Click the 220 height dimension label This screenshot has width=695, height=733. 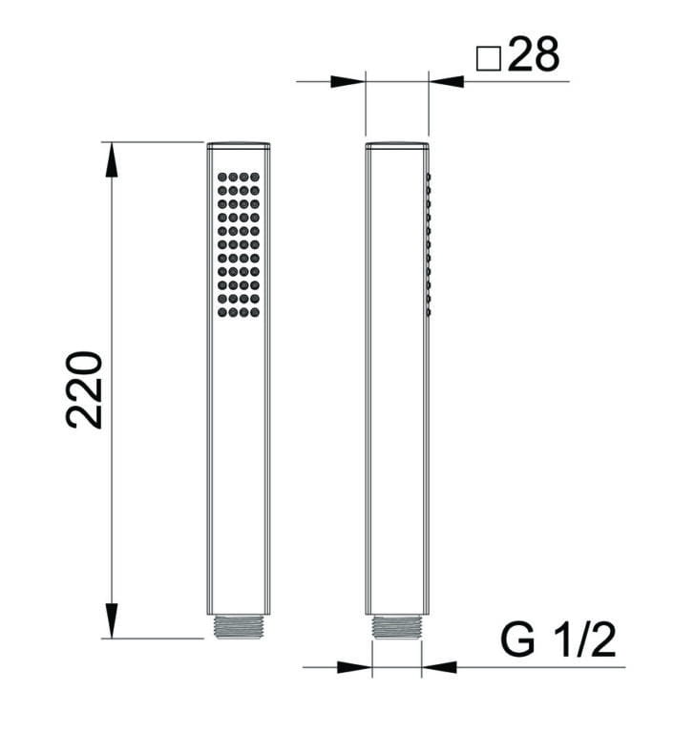pyautogui.click(x=85, y=389)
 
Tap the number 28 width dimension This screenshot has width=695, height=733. pyautogui.click(x=533, y=54)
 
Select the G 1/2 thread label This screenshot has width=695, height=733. pyautogui.click(x=558, y=639)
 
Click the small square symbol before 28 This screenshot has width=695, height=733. pyautogui.click(x=488, y=59)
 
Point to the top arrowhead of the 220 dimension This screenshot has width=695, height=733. pyautogui.click(x=112, y=159)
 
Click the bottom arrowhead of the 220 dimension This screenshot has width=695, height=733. pyautogui.click(x=112, y=620)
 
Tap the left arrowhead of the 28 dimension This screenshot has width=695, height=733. pyautogui.click(x=347, y=82)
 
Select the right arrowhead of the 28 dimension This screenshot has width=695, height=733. pyautogui.click(x=446, y=82)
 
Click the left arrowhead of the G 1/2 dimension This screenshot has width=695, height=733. pyautogui.click(x=354, y=667)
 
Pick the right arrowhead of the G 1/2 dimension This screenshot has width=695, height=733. pyautogui.click(x=439, y=667)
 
